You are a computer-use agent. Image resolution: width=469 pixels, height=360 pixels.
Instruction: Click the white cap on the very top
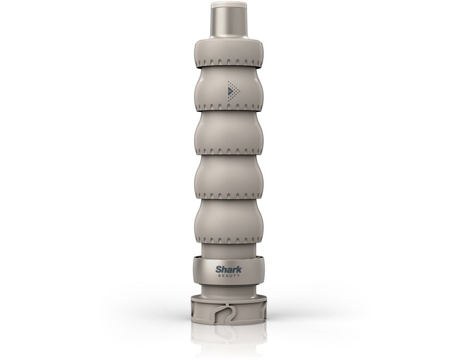pos(229,4)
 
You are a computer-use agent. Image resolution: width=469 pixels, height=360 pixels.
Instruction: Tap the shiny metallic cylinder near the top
pos(229,23)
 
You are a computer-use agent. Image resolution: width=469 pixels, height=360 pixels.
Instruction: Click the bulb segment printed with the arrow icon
pos(230,88)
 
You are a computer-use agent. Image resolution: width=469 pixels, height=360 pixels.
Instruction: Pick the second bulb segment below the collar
pos(230,133)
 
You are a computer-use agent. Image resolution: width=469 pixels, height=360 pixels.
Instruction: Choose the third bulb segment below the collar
pos(230,177)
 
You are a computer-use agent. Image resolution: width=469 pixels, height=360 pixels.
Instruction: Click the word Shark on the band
pos(229,269)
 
